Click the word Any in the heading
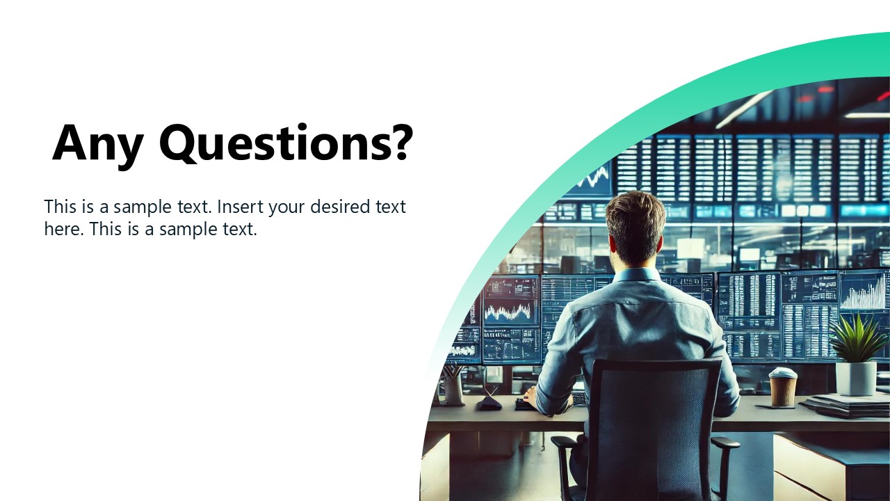coord(97,143)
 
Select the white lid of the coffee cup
coord(782,374)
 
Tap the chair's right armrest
coord(724,443)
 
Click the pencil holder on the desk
coord(453,390)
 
